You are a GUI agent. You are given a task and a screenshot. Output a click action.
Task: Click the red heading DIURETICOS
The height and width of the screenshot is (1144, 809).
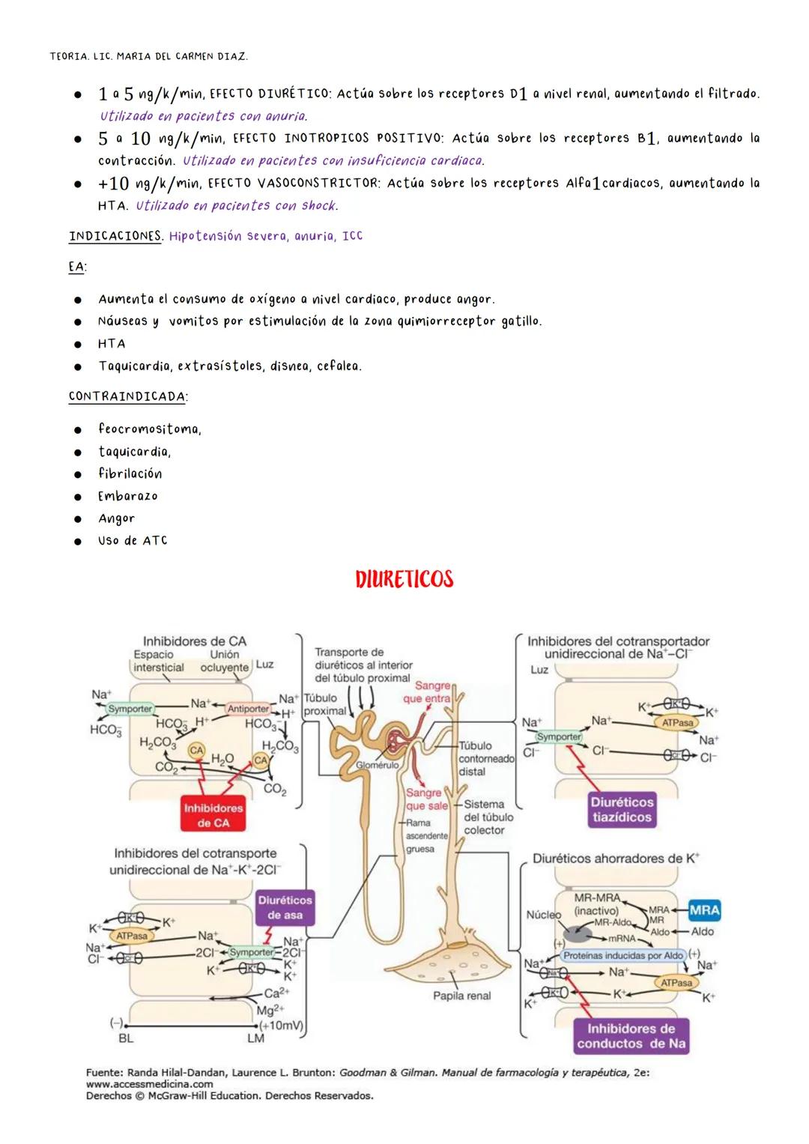404,579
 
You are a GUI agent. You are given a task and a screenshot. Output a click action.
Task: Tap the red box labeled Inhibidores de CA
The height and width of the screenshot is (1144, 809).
213,815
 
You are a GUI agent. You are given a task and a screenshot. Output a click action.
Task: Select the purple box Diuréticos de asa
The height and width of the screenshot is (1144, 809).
285,907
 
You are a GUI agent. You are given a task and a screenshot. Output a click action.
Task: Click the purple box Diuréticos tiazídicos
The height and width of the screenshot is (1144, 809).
622,810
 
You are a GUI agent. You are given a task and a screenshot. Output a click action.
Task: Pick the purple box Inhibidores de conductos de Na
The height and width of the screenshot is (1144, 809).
631,1036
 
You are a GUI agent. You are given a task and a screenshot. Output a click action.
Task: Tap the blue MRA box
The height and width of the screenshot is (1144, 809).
703,910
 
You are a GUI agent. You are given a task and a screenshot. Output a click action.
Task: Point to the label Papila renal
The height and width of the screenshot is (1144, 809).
461,996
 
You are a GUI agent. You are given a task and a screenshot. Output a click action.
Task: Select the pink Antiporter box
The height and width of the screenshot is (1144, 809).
248,708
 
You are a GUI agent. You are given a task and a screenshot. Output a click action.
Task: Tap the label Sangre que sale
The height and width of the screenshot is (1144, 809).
425,799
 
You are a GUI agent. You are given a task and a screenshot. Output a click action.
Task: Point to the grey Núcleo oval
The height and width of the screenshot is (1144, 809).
577,933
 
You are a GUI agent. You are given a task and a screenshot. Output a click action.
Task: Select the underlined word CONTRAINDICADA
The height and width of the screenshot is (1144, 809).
127,396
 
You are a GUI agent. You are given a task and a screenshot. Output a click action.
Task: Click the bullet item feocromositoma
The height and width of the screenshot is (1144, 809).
149,429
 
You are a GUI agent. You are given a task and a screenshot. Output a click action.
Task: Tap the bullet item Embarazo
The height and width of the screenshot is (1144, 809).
127,496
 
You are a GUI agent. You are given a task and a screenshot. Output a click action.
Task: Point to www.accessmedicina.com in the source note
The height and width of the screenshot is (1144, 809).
149,1083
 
